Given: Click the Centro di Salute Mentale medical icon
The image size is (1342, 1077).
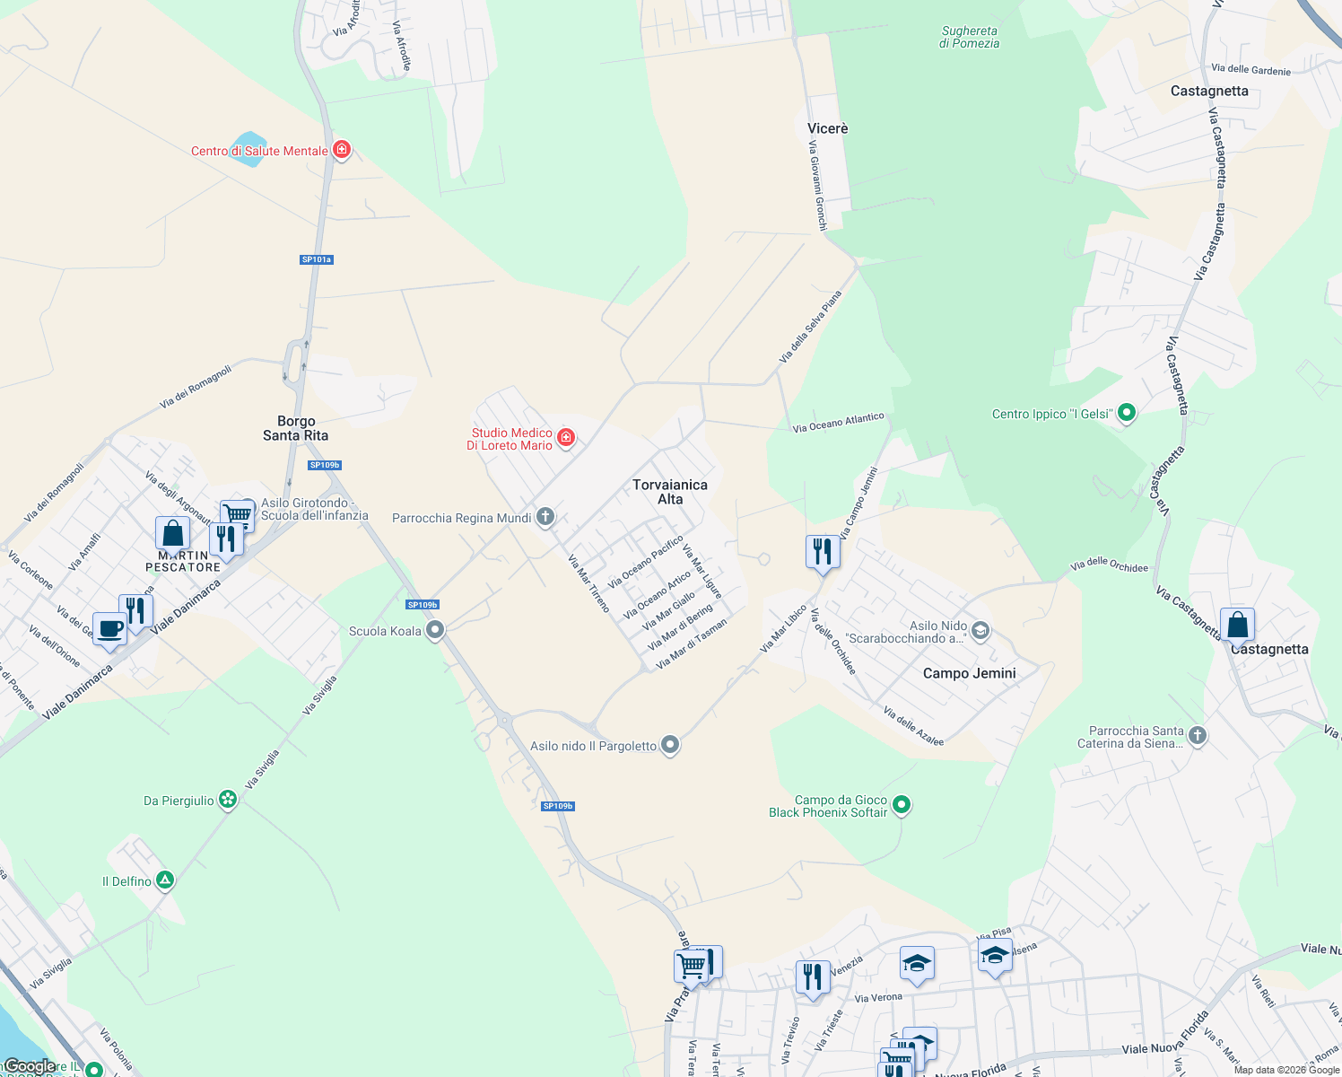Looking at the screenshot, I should click(341, 150).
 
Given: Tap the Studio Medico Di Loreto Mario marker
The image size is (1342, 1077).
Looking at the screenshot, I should click(566, 438).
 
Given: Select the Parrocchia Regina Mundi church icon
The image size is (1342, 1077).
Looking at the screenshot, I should click(545, 517).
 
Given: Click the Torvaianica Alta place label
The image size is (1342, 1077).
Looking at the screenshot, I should click(670, 492).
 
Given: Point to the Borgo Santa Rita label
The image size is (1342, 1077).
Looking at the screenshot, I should click(295, 428).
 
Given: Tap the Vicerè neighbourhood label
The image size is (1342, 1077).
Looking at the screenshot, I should click(827, 128).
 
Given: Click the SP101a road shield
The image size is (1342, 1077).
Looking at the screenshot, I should click(316, 259).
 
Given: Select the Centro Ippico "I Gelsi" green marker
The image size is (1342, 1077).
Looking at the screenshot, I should click(1127, 413).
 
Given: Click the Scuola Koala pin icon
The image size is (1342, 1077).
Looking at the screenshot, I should click(435, 630).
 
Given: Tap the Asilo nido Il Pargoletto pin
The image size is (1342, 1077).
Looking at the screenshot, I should click(670, 745).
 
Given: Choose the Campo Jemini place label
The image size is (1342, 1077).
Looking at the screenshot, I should click(969, 673).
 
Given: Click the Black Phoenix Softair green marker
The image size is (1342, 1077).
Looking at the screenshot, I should click(902, 805).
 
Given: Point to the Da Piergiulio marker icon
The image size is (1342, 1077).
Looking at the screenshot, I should click(228, 800).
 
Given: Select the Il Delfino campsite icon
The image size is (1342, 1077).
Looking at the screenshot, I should click(165, 880).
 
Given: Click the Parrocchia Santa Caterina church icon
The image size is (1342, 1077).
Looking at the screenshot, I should click(1197, 736).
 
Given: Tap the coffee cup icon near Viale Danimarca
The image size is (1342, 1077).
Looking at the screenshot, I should click(109, 629).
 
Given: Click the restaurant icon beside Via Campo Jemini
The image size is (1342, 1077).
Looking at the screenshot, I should click(823, 551).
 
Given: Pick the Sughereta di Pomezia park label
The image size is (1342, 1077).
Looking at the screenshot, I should click(969, 37).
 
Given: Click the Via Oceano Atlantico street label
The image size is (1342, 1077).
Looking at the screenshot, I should click(838, 423).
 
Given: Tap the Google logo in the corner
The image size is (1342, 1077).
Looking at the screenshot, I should click(30, 1066).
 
